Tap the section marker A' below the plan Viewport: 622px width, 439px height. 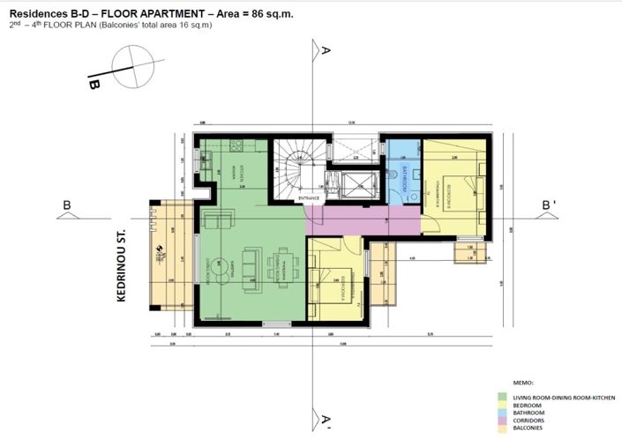point(326,419)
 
